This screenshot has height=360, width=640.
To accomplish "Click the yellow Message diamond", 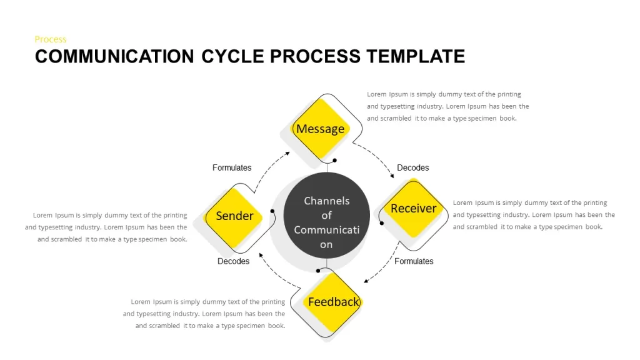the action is click(321, 129).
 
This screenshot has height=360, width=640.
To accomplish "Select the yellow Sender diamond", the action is click(234, 217).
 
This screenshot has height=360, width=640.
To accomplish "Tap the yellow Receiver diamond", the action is click(414, 208).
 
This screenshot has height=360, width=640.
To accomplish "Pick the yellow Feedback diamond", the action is click(333, 302).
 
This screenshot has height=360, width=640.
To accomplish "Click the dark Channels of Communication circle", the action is click(326, 215).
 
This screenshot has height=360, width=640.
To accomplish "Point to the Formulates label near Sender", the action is click(232, 167).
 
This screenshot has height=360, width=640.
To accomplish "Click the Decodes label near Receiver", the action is click(412, 167).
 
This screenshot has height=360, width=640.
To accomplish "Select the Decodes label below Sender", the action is click(233, 261).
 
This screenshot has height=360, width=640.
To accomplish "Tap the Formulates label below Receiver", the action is click(414, 261).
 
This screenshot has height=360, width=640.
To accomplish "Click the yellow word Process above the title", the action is click(50, 39).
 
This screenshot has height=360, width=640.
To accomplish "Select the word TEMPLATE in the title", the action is click(416, 56).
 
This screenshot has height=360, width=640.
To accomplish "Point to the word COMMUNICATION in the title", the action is click(114, 56).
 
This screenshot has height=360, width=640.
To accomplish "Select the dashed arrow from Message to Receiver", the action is click(376, 157).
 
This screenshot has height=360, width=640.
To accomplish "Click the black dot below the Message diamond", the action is click(335, 161).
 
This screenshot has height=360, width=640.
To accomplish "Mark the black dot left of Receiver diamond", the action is click(382, 223).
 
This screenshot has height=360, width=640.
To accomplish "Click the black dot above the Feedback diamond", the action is click(318, 271).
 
